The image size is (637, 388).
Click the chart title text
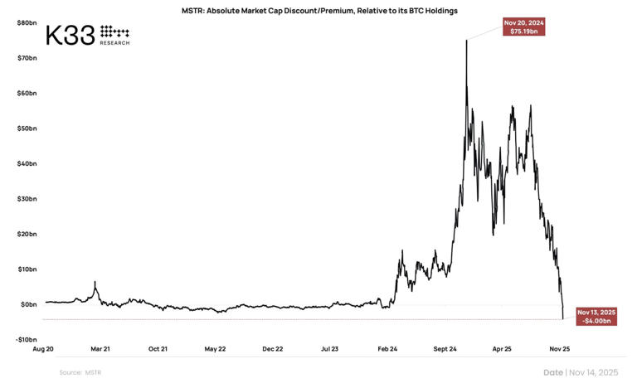pyautogui.click(x=319, y=11)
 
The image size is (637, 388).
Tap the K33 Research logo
pyautogui.click(x=87, y=35)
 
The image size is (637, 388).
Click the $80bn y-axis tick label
pyautogui.click(x=27, y=22)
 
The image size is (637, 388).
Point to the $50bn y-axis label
pyautogui.click(x=27, y=129)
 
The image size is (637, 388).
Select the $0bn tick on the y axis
pyautogui.click(x=28, y=304)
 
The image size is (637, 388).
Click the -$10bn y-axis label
pyautogui.click(x=26, y=339)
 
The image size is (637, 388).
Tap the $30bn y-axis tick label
pyautogui.click(x=27, y=199)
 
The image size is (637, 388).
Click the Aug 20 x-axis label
pyautogui.click(x=45, y=349)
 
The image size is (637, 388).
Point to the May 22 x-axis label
pyautogui.click(x=216, y=349)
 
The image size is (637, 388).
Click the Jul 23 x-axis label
pyautogui.click(x=330, y=349)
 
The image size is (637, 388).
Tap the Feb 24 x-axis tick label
pyautogui.click(x=387, y=349)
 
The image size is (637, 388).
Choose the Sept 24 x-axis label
pyautogui.click(x=445, y=349)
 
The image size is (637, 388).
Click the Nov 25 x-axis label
pyautogui.click(x=559, y=349)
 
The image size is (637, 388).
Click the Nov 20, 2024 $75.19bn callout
pyautogui.click(x=524, y=27)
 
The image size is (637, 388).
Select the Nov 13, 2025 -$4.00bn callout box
pyautogui.click(x=596, y=316)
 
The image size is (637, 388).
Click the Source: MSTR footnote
pyautogui.click(x=80, y=372)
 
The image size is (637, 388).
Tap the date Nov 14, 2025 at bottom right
pyautogui.click(x=581, y=372)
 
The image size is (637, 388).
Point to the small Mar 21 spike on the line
pyautogui.click(x=95, y=283)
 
